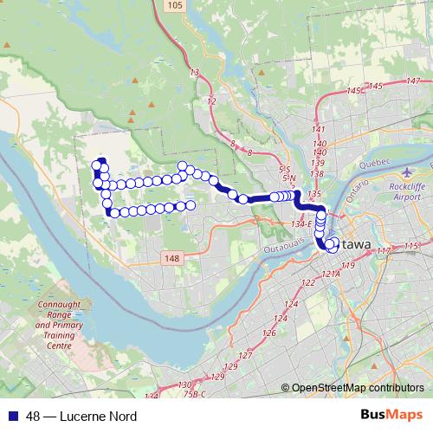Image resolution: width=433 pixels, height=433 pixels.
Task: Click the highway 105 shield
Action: click(175, 7)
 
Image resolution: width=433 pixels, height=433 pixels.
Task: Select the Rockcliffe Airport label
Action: click(410, 191)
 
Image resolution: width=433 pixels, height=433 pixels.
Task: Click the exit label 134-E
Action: click(302, 224)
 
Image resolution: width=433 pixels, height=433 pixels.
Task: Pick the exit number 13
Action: click(195, 72)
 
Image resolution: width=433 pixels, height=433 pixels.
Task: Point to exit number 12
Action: click(212, 101)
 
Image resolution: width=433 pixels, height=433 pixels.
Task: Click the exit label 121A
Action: click(330, 274)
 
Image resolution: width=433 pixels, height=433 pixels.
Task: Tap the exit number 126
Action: click(269, 333)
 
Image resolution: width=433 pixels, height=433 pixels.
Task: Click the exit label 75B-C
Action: click(197, 394)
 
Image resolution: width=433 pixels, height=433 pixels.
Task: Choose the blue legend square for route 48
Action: click(10, 417)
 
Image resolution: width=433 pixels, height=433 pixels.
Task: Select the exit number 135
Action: click(314, 195)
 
